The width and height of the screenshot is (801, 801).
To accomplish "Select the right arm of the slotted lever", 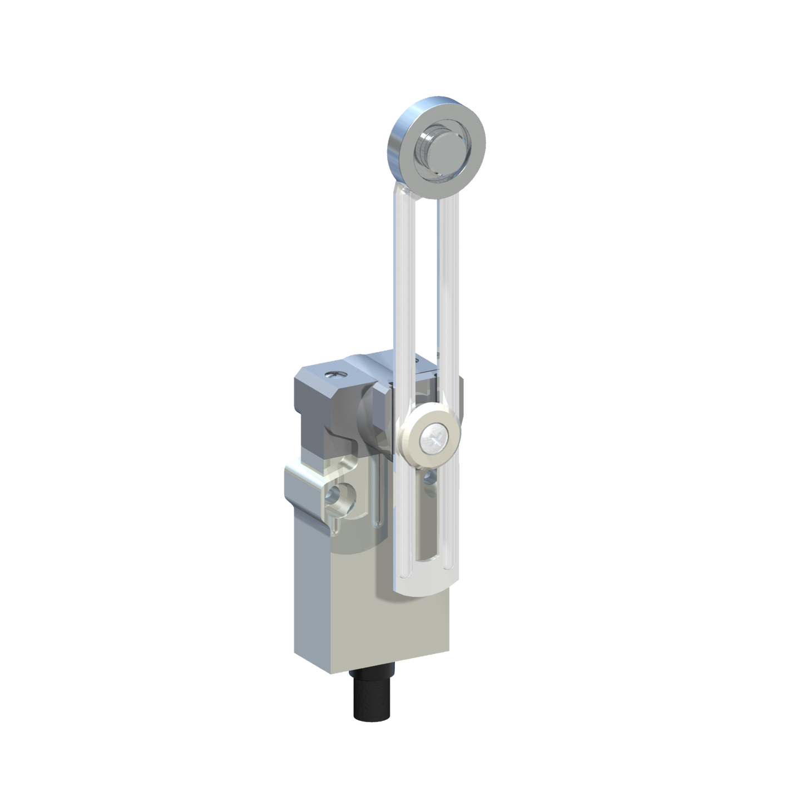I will [448, 289].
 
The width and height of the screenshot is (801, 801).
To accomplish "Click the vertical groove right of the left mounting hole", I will [378, 495].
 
